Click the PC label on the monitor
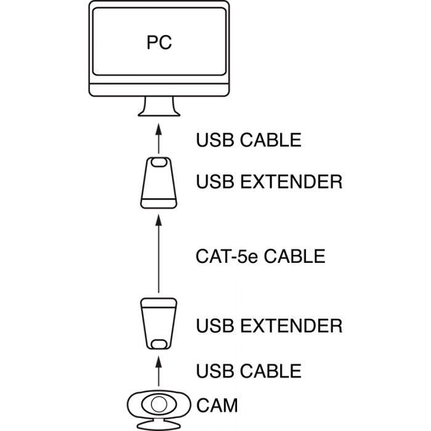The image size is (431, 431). tap(159, 42)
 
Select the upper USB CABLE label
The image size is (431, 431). tap(249, 140)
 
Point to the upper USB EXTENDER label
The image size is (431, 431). tap(269, 182)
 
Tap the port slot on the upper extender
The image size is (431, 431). tap(159, 163)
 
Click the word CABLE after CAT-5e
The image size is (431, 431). tap(294, 256)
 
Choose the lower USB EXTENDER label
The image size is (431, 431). tap(269, 325)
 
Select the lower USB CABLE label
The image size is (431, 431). tap(249, 371)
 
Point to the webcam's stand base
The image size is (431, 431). tap(159, 425)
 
